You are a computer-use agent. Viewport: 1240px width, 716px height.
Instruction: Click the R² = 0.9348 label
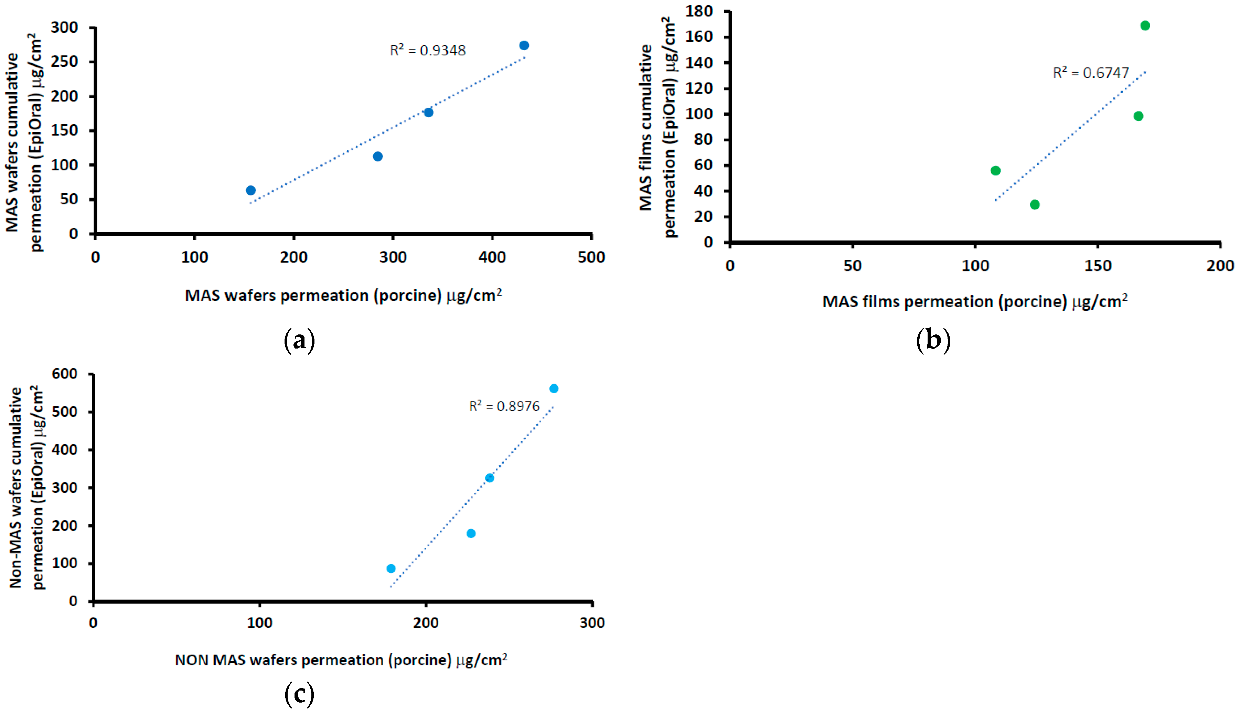coord(427,50)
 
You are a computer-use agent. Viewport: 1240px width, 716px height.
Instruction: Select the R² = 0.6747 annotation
coord(1091,73)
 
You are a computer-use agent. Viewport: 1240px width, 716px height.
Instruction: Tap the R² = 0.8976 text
coord(504,406)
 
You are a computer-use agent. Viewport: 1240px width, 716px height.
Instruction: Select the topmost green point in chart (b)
coord(1145,25)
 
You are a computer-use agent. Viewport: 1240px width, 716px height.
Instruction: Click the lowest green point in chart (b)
coord(1035,205)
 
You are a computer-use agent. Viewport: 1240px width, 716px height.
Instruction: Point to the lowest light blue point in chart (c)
coord(391,568)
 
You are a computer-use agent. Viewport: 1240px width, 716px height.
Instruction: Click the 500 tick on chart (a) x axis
coord(591,257)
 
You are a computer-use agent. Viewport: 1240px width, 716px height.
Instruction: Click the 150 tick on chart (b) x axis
coord(1098,266)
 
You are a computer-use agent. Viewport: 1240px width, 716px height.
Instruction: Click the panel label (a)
coord(299,340)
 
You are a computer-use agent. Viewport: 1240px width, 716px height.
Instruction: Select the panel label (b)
coord(933,340)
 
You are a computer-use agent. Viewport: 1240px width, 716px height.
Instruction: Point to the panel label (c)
coord(299,694)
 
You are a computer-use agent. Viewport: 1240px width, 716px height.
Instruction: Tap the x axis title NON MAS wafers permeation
coord(341,660)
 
